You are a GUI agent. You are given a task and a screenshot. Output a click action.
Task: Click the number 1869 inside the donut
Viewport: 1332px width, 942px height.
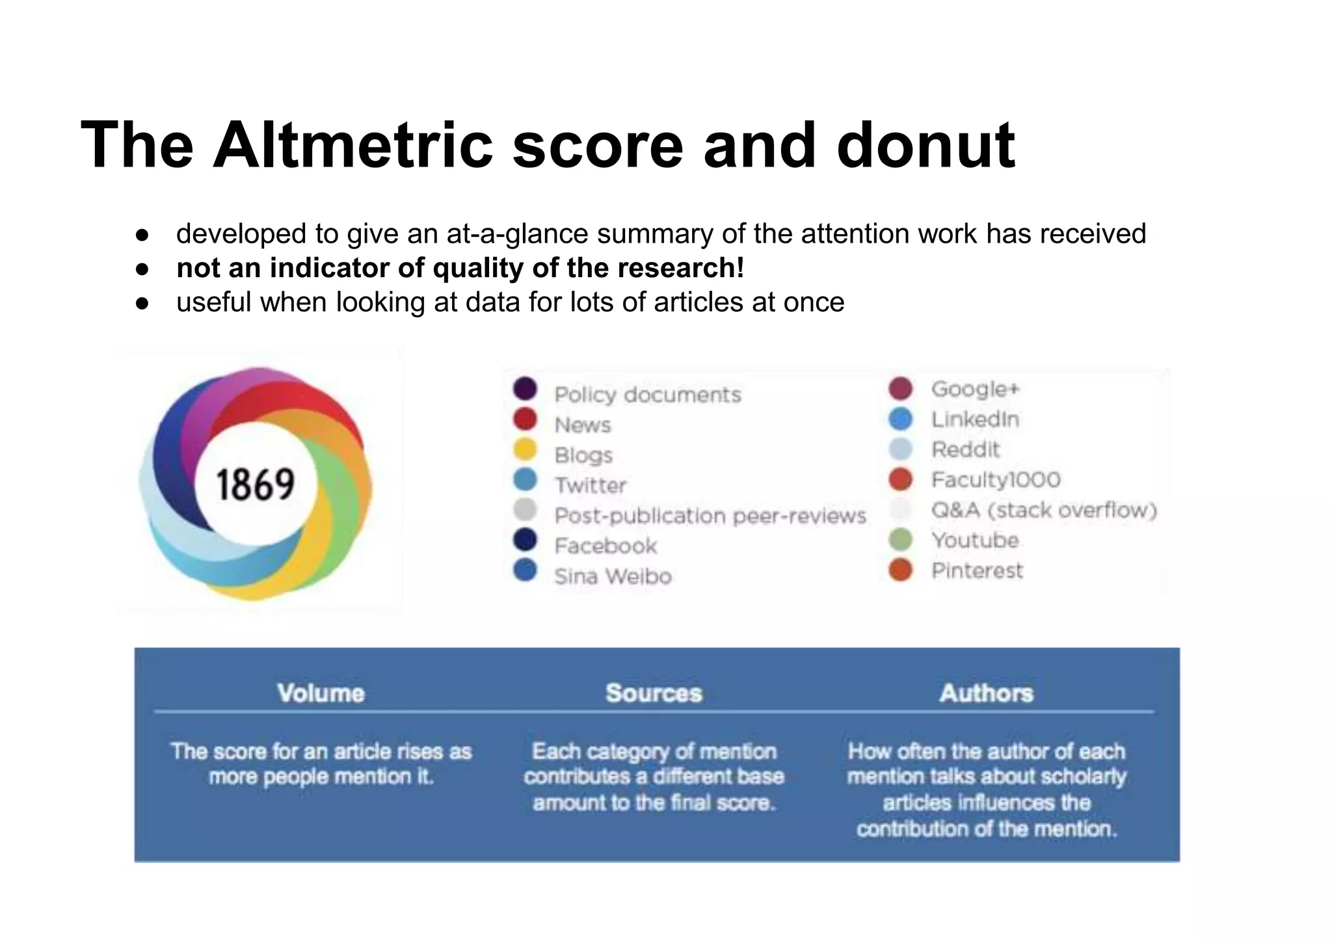pos(255,485)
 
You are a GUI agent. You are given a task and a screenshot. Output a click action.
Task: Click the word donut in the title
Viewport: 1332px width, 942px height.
pos(926,145)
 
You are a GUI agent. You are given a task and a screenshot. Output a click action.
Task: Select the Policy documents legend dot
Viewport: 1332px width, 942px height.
pos(525,388)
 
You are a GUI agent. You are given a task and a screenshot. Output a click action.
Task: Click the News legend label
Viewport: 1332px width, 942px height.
pos(583,425)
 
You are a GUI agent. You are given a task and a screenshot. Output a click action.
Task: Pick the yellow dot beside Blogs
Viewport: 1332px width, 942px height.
pos(525,450)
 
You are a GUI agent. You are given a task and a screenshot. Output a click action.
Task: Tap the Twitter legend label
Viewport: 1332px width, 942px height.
pos(591,485)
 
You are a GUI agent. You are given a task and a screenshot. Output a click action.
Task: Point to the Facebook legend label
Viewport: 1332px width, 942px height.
pos(606,546)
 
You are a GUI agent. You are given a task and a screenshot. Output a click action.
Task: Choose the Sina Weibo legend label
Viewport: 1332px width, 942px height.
pos(613,576)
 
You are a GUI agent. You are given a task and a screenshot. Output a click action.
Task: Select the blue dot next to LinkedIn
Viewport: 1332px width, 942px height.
pos(901,419)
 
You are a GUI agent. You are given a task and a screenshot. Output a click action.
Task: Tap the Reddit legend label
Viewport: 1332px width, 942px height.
pos(965,450)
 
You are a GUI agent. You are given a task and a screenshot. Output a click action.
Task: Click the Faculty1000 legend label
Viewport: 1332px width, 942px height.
pos(996,480)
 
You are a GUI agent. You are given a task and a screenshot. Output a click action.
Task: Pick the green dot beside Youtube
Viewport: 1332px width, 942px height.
pos(901,540)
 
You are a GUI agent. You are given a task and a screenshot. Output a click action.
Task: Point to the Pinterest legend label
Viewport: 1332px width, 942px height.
pos(977,571)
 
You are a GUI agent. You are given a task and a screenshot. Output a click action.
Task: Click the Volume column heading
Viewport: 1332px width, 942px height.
pos(321,693)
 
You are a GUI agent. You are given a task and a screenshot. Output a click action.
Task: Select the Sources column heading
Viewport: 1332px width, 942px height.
pos(654,693)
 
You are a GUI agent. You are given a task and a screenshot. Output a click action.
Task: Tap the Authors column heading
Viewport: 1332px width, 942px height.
pos(986,693)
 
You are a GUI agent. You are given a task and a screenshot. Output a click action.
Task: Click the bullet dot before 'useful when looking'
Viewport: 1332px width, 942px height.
pos(142,303)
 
